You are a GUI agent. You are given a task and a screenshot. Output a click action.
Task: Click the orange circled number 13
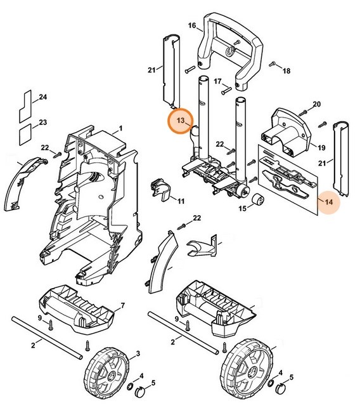tap(181, 120)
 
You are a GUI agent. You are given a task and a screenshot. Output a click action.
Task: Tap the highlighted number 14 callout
tap(328, 202)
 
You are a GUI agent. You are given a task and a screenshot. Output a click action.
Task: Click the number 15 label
tap(243, 209)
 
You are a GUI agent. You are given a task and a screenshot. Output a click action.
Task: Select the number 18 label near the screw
tap(286, 71)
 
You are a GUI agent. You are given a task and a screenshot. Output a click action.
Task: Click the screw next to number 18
tap(273, 64)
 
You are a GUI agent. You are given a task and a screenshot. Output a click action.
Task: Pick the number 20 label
tap(317, 104)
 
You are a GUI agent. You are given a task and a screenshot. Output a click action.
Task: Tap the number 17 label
tap(217, 81)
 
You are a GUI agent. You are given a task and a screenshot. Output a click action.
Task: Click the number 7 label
tap(122, 306)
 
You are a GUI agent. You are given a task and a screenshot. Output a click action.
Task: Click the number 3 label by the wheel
tap(138, 352)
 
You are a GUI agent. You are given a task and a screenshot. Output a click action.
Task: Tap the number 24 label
tap(43, 97)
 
